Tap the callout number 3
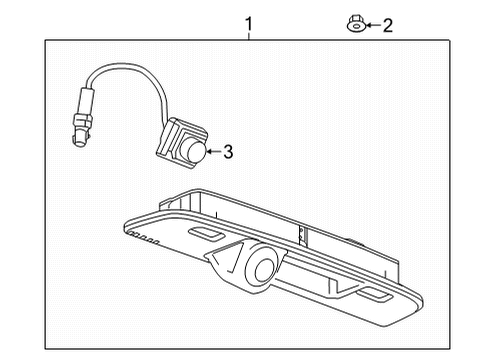click(228, 152)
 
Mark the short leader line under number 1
click(250, 35)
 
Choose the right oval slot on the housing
click(378, 296)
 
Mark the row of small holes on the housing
click(144, 238)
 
